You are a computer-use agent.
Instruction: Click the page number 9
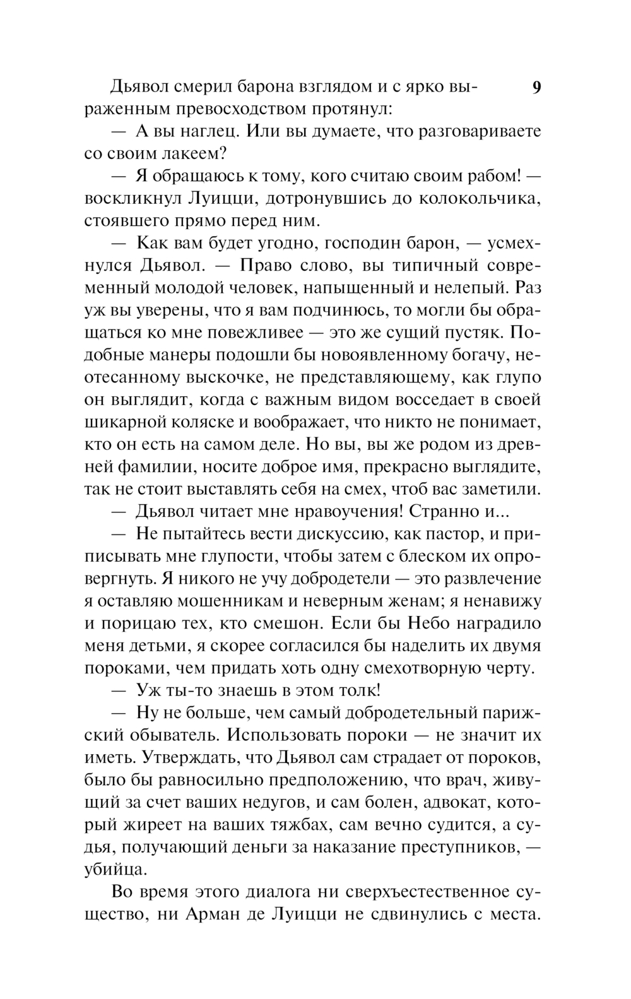click(536, 87)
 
